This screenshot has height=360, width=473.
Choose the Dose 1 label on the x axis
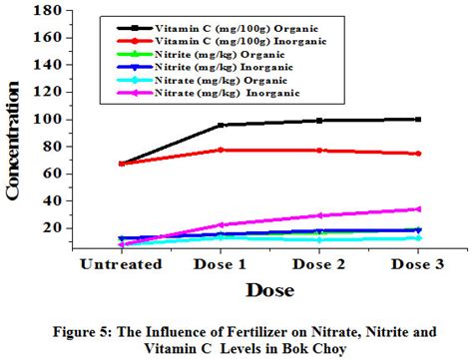tap(222, 266)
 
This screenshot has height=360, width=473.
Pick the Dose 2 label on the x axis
tap(320, 266)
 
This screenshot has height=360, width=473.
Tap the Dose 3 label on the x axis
tap(418, 266)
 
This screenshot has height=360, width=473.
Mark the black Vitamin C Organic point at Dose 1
tap(221, 125)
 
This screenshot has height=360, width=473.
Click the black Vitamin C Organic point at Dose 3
tap(418, 119)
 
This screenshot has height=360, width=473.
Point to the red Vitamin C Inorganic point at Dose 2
tap(319, 151)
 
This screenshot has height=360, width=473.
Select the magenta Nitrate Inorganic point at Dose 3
tap(418, 208)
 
